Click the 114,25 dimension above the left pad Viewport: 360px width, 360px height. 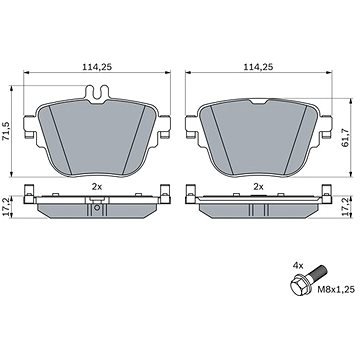coord(97,67)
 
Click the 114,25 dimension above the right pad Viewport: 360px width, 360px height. coord(258,67)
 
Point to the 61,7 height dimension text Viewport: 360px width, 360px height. coord(345,138)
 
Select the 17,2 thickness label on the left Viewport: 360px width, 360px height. coord(6,207)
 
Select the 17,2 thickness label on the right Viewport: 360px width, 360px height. coord(345,207)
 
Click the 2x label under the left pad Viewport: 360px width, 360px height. coord(97,187)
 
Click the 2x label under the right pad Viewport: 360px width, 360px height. coord(258,187)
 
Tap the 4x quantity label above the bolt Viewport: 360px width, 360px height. coord(298,266)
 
